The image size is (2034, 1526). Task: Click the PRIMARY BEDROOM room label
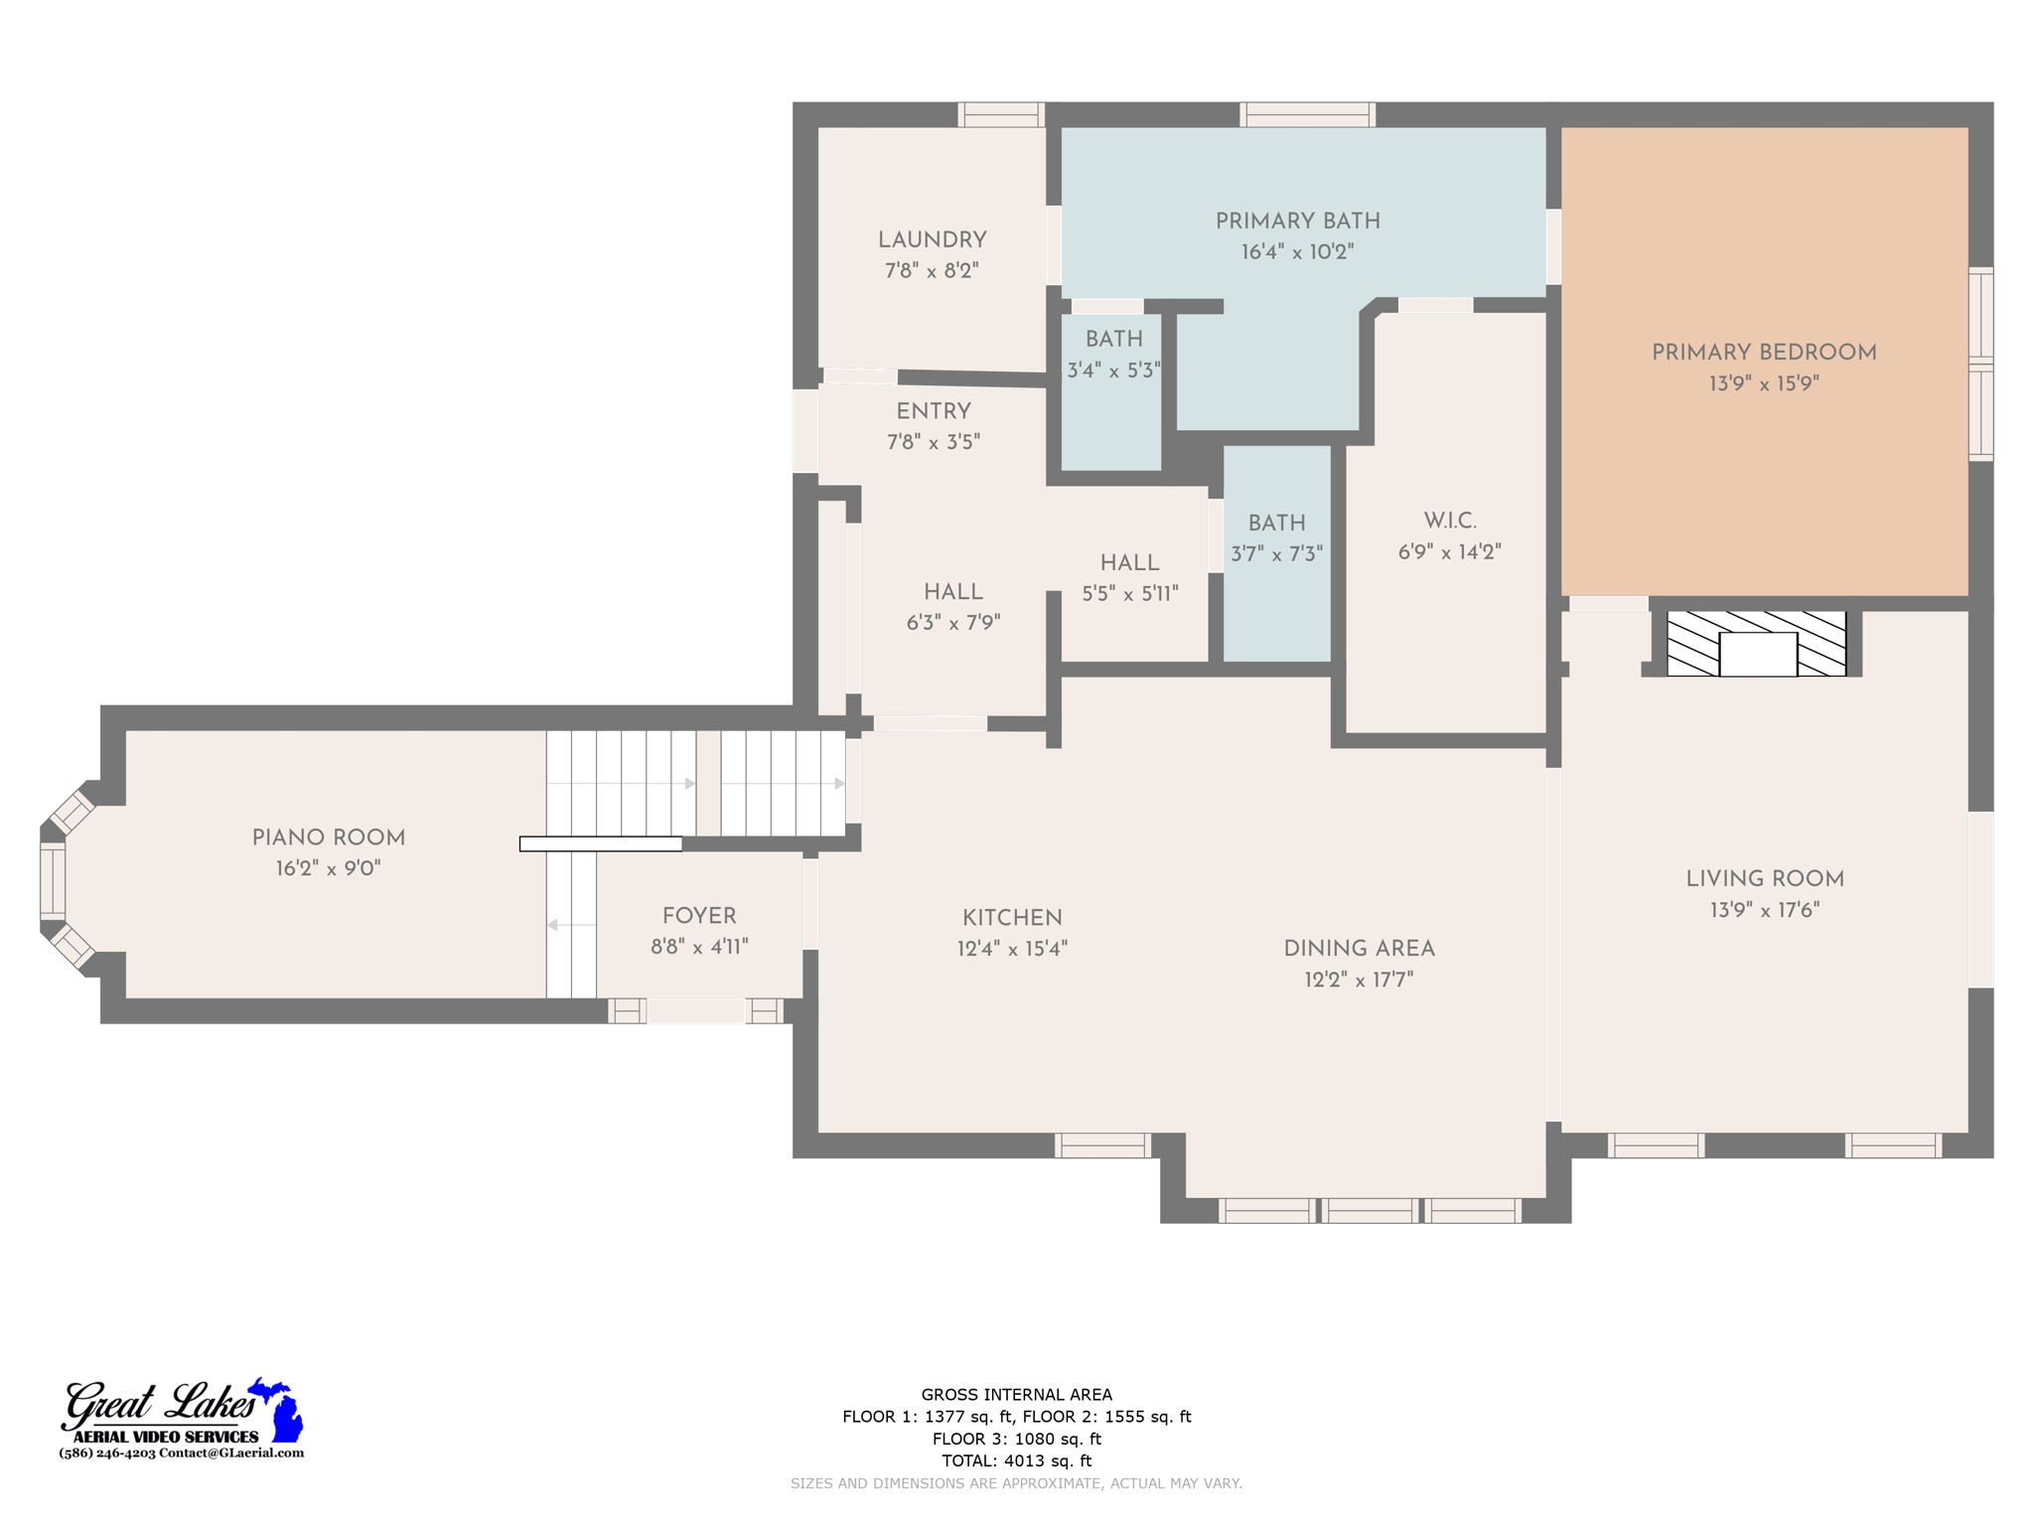(1763, 353)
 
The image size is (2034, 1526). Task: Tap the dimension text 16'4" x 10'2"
(1297, 252)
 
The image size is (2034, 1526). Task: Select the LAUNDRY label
(932, 240)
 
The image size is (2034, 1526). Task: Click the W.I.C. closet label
(1449, 521)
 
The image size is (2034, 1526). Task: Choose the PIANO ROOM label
(328, 838)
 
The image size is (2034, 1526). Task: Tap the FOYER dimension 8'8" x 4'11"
(699, 947)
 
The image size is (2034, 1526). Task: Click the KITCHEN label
(1012, 918)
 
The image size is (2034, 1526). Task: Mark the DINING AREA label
(1359, 949)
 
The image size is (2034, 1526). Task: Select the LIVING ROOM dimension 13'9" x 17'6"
(1764, 910)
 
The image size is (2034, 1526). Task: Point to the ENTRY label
(933, 411)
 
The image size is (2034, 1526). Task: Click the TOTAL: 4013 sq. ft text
(1016, 1460)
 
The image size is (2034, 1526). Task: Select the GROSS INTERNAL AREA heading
(1016, 1395)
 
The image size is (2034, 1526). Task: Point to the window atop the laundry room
(1001, 114)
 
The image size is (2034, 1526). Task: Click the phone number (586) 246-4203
(107, 1452)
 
